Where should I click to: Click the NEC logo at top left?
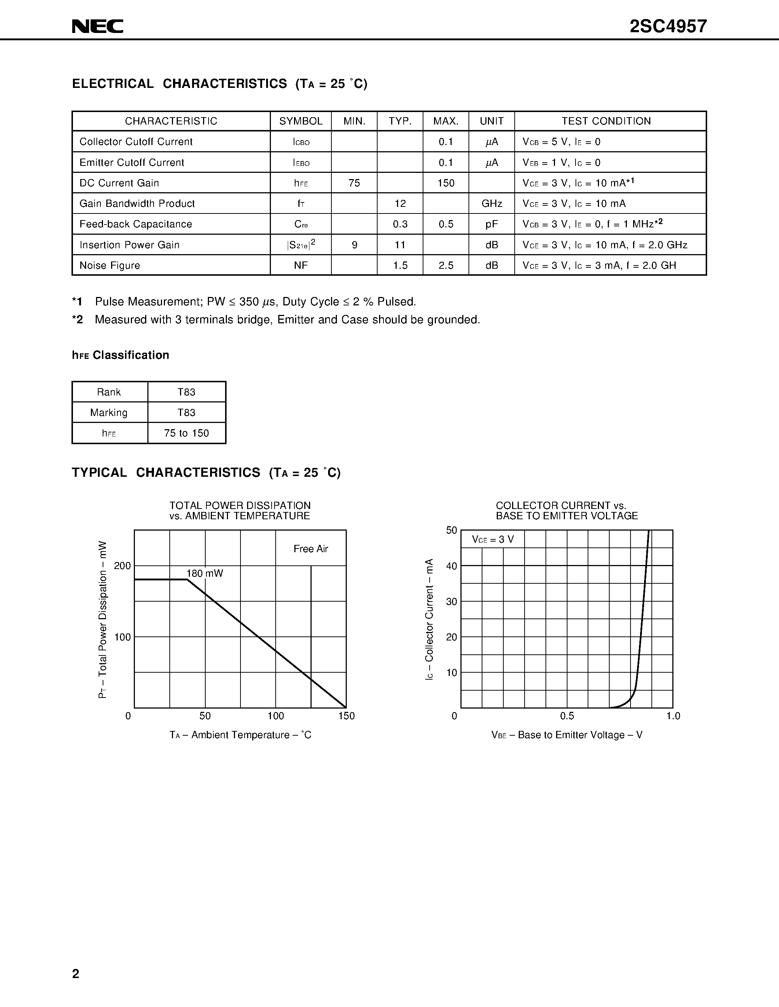coord(98,26)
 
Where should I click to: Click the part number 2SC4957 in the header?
coord(668,26)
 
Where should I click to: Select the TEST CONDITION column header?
coord(606,121)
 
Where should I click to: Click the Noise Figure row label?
coord(110,265)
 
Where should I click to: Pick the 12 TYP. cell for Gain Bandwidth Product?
coord(400,203)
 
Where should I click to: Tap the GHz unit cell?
coord(492,203)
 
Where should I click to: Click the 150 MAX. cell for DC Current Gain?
coord(446,183)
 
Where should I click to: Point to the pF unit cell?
coord(492,224)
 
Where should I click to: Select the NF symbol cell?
coord(301,265)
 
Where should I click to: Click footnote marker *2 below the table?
coord(77,320)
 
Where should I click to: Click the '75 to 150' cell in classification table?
coord(187,433)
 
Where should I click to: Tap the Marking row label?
coord(109,412)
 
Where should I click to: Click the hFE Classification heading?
coord(121,355)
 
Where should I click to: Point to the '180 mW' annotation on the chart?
coord(205,573)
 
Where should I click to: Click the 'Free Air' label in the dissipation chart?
coord(311,549)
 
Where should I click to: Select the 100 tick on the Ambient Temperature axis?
coord(276,716)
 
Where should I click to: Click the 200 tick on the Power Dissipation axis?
coord(123,566)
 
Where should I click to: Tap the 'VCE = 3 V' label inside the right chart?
coord(493,539)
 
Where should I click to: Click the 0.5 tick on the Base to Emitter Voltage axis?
coord(567,716)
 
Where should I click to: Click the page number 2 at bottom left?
coord(76,973)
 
